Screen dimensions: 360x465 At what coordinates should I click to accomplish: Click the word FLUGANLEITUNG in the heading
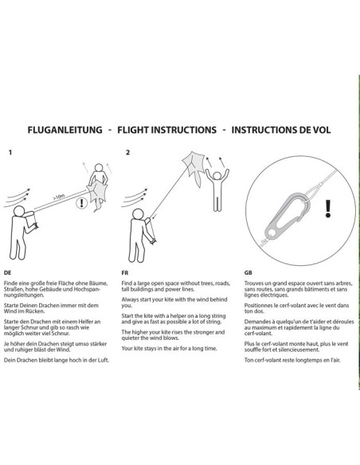pyautogui.click(x=65, y=130)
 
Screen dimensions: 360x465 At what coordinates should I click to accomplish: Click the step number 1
pyautogui.click(x=10, y=152)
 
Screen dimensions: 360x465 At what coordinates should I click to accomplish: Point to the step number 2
pyautogui.click(x=127, y=152)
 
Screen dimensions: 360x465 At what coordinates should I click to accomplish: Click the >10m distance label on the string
pyautogui.click(x=59, y=197)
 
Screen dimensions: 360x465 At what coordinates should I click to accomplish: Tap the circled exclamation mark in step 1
pyautogui.click(x=81, y=204)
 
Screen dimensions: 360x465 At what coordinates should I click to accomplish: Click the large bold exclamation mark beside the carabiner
pyautogui.click(x=327, y=209)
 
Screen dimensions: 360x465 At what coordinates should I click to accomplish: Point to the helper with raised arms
pyautogui.click(x=217, y=190)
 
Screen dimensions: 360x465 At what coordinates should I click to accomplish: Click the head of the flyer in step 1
pyautogui.click(x=19, y=211)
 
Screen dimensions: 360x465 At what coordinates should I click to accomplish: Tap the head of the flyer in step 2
pyautogui.click(x=138, y=214)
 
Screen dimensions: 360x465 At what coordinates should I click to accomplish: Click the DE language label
pyautogui.click(x=7, y=272)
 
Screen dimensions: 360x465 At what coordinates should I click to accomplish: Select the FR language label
pyautogui.click(x=125, y=272)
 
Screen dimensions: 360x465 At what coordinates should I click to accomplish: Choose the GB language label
pyautogui.click(x=248, y=272)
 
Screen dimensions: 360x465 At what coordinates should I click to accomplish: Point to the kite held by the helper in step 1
pyautogui.click(x=96, y=196)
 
